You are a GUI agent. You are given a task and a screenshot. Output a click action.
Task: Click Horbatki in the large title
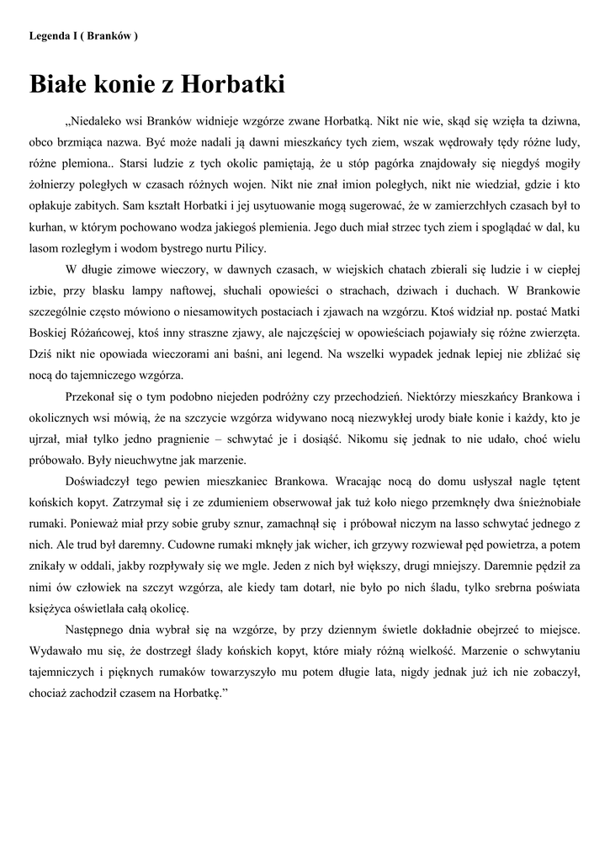234,84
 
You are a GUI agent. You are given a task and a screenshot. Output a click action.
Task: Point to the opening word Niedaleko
94,121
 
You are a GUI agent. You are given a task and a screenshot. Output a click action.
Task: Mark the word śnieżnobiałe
537,503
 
